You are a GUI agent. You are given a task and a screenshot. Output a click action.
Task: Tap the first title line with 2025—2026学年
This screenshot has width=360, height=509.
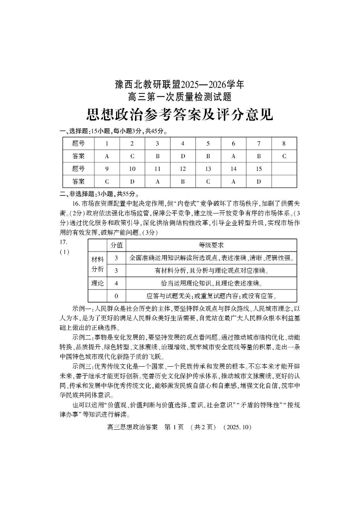coord(180,84)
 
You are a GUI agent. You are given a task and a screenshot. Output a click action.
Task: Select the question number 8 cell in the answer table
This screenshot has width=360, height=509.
coord(284,144)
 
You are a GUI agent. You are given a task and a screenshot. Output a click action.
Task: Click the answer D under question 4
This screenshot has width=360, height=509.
coord(183,156)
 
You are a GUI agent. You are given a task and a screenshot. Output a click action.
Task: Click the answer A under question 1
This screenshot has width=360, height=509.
coord(107,156)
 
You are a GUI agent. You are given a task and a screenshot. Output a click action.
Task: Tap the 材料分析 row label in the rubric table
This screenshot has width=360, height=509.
coord(97,264)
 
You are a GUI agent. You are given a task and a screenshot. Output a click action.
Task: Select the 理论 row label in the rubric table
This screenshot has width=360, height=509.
coord(97,283)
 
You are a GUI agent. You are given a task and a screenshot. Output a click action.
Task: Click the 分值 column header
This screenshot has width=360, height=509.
coord(117,245)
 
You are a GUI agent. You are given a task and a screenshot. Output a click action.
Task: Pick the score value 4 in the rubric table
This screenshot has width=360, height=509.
coord(117,283)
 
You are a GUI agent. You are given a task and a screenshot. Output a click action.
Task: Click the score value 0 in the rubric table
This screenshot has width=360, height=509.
coord(117,296)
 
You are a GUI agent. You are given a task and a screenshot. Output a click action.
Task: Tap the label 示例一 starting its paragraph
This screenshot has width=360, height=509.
coord(82,308)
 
